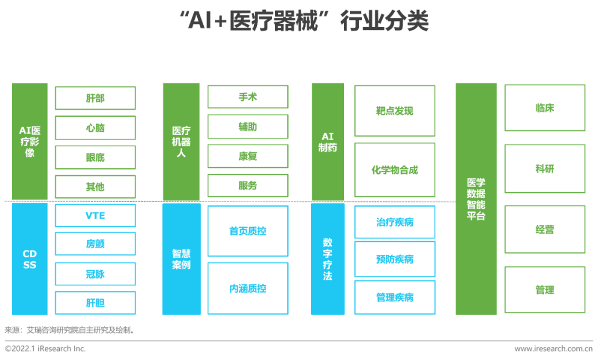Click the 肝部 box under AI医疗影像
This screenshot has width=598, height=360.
[x=95, y=99]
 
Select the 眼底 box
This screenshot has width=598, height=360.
[x=95, y=157]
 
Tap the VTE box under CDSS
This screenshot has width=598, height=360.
[x=95, y=215]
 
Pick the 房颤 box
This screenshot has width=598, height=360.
[x=95, y=244]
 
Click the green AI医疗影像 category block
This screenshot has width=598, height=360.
[x=30, y=141]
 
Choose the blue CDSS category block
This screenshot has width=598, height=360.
[x=30, y=259]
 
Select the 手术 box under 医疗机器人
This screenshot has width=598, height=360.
[x=248, y=97]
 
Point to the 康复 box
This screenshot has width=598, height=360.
[x=248, y=156]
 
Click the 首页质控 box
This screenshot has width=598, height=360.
[x=248, y=231]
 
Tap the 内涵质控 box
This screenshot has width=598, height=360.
[x=248, y=289]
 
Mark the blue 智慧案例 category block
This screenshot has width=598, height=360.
[x=181, y=259]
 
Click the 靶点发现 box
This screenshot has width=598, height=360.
[x=394, y=111]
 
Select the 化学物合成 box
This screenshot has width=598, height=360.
[x=394, y=170]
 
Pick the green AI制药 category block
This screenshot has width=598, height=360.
[x=328, y=142]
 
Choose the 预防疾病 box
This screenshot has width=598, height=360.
[x=394, y=259]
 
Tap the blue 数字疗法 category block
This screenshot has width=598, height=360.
[x=328, y=259]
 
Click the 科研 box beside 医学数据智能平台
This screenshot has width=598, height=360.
[x=544, y=169]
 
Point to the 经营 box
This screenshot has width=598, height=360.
[x=544, y=229]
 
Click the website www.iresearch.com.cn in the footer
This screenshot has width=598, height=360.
[x=553, y=348]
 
